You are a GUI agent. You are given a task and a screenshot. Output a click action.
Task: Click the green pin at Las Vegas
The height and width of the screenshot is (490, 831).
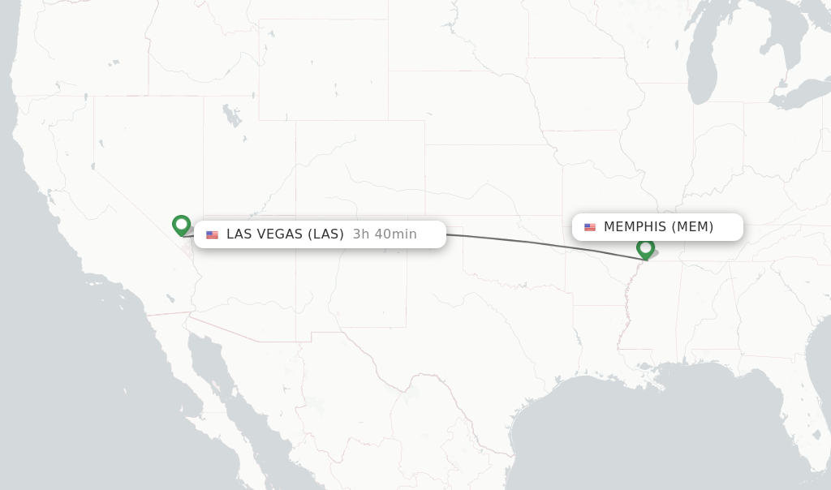click(x=181, y=224)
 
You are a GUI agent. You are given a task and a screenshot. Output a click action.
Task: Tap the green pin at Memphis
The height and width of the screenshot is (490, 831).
click(x=645, y=247)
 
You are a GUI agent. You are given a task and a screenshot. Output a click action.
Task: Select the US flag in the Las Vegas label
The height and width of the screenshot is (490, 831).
click(x=212, y=234)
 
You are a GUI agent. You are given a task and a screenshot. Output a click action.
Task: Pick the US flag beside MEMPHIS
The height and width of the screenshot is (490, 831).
click(x=590, y=227)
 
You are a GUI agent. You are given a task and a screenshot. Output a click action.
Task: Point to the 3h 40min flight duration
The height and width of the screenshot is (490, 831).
click(x=385, y=234)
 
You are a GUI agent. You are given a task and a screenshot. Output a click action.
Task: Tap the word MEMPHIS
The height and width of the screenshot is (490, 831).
click(x=635, y=227)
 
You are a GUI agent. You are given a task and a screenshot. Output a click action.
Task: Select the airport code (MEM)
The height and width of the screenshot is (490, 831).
click(x=692, y=227)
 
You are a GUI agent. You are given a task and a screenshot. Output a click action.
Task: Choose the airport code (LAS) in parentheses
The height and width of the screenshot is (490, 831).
click(x=325, y=234)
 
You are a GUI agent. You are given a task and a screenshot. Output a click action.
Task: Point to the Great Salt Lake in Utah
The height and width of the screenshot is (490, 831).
click(x=232, y=116)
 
